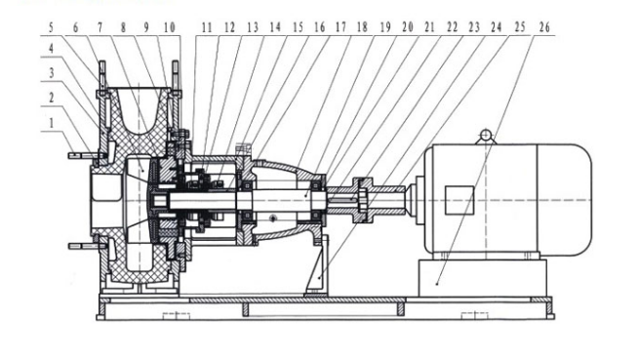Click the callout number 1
52,123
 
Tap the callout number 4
52,49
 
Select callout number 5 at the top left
52,27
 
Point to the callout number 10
170,27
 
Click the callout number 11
207,27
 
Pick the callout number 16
319,27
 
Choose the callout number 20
408,27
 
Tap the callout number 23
474,27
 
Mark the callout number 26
544,27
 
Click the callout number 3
52,73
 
